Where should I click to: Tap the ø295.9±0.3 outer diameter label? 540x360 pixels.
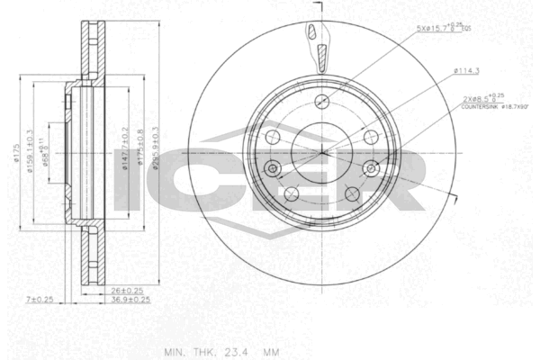click(156, 153)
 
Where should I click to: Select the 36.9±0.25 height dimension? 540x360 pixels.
click(130, 300)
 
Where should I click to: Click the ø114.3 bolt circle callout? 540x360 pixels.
click(465, 70)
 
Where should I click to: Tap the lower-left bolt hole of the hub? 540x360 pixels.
click(291, 193)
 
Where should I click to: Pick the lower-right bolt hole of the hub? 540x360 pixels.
click(350, 193)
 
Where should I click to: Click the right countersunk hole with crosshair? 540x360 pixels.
click(369, 167)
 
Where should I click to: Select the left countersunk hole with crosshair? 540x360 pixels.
click(272, 167)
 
